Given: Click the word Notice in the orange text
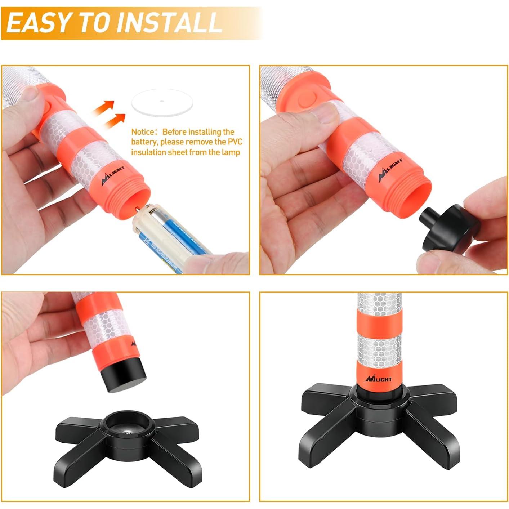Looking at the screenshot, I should (144, 132).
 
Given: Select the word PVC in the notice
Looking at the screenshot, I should (235, 142).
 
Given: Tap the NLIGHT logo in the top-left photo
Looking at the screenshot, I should (113, 176).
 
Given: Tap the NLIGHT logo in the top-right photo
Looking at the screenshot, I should (391, 169).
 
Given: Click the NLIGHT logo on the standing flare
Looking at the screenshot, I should (378, 379).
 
